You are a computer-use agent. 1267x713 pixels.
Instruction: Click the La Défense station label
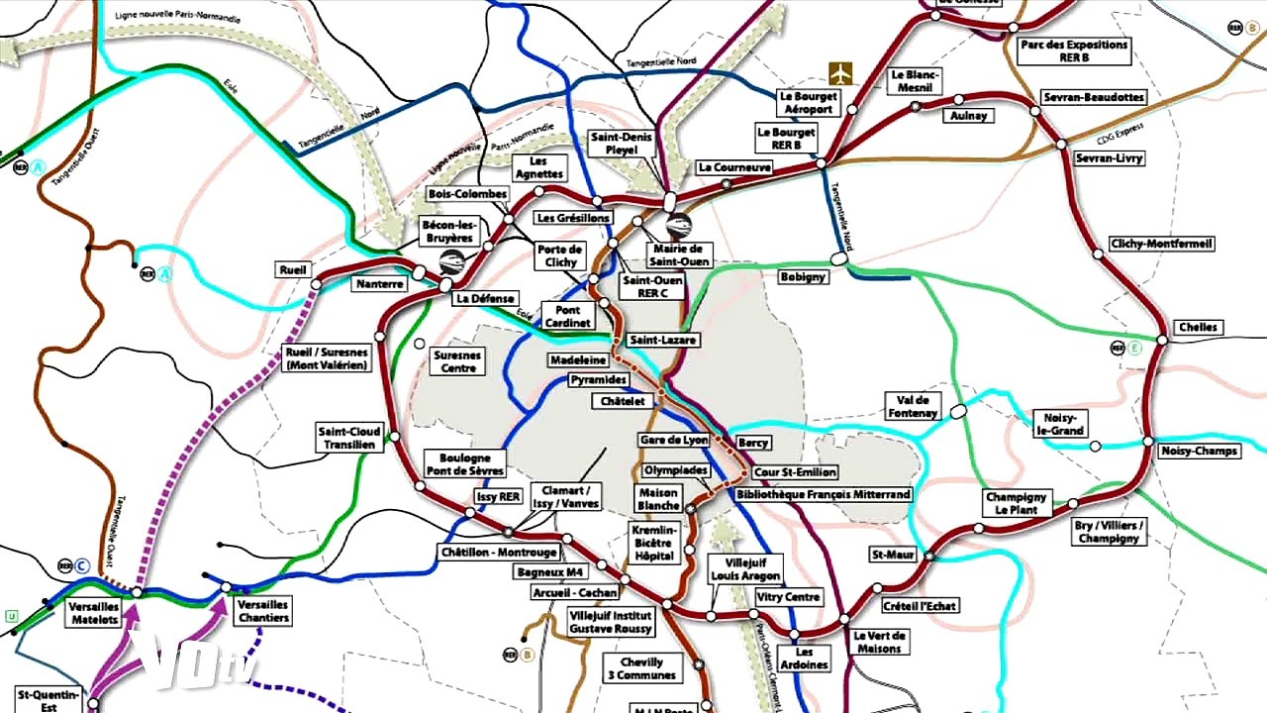tap(485, 298)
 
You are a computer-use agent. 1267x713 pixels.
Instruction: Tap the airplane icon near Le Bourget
tap(840, 73)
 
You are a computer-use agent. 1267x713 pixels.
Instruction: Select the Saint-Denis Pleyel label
tap(622, 144)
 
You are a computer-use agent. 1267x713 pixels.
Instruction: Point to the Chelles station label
tap(1198, 328)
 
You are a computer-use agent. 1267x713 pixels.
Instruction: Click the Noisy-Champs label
tap(1200, 452)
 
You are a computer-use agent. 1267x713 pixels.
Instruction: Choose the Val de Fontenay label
tap(912, 406)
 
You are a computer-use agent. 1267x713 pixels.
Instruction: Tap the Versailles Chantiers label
tap(263, 611)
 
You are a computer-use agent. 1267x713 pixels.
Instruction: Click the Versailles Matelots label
tap(94, 613)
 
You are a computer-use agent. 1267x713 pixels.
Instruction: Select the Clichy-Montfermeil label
tap(1161, 244)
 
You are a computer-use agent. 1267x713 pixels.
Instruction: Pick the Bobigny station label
tap(802, 277)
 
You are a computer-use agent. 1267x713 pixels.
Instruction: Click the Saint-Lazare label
tap(663, 340)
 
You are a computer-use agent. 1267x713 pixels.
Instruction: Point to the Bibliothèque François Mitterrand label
tap(830, 494)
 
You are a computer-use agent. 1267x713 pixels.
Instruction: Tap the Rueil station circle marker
tap(317, 284)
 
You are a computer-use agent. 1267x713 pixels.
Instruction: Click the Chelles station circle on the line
tap(1163, 340)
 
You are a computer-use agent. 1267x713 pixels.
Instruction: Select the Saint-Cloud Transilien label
tap(348, 438)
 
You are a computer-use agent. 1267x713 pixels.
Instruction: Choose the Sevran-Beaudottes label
tap(1094, 97)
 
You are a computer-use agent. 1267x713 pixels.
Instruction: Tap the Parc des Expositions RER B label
tap(1073, 51)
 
